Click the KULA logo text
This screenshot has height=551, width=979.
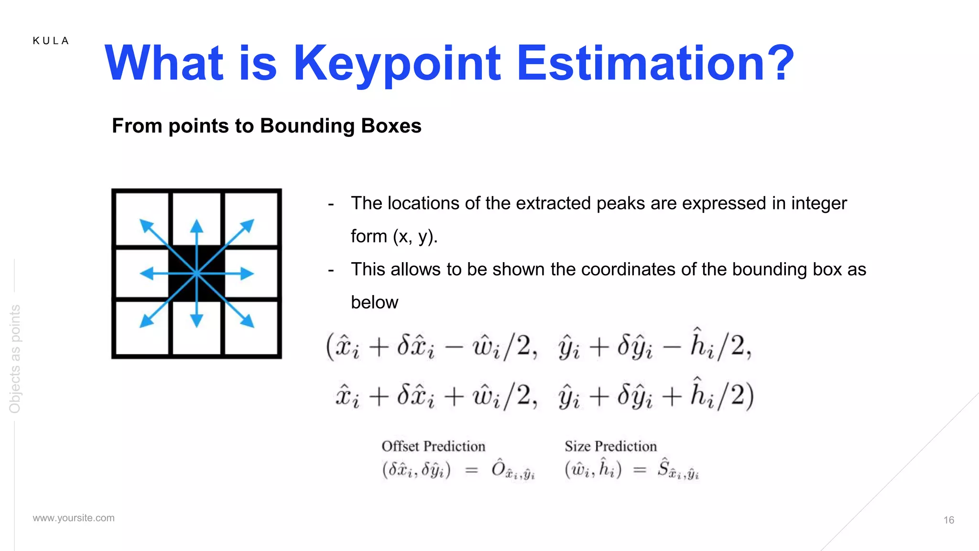point(51,41)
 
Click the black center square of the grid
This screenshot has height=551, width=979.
point(196,274)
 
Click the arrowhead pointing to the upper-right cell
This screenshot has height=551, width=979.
point(248,224)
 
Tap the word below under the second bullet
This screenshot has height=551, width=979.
point(374,302)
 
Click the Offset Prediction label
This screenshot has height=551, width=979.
point(433,446)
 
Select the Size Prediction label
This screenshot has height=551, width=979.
point(610,446)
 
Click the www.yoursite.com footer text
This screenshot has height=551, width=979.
point(74,518)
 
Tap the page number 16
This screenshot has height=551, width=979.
point(948,520)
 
